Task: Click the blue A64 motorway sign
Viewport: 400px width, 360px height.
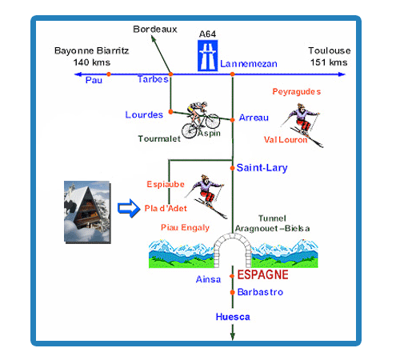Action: pos(207,55)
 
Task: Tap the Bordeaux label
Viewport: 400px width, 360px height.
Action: pos(155,29)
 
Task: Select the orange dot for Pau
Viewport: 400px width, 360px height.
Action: pos(109,74)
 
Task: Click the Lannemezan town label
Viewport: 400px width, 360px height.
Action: pos(249,64)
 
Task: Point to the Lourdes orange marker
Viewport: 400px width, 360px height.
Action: pos(170,111)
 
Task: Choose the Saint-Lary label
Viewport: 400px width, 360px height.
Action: pos(262,168)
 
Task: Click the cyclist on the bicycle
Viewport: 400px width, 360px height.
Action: pos(201,120)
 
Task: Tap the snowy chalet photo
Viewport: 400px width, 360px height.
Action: pos(87,212)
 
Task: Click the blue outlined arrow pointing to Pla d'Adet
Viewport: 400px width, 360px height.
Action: pos(129,208)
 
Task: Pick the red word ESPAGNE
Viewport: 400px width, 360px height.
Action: pos(262,274)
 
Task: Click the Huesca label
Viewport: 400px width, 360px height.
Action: pos(233,317)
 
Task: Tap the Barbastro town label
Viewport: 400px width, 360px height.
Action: pos(260,292)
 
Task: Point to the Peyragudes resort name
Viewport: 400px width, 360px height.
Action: pos(296,92)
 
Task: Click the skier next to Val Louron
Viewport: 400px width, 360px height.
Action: pos(302,125)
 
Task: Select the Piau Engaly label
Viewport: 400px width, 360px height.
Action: pos(185,227)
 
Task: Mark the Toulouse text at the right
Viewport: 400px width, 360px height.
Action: pos(330,50)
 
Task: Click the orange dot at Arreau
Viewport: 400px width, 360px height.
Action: pos(232,120)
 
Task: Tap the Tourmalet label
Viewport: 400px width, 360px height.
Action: pos(159,138)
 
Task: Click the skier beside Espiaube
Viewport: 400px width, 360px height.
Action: pos(206,196)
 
